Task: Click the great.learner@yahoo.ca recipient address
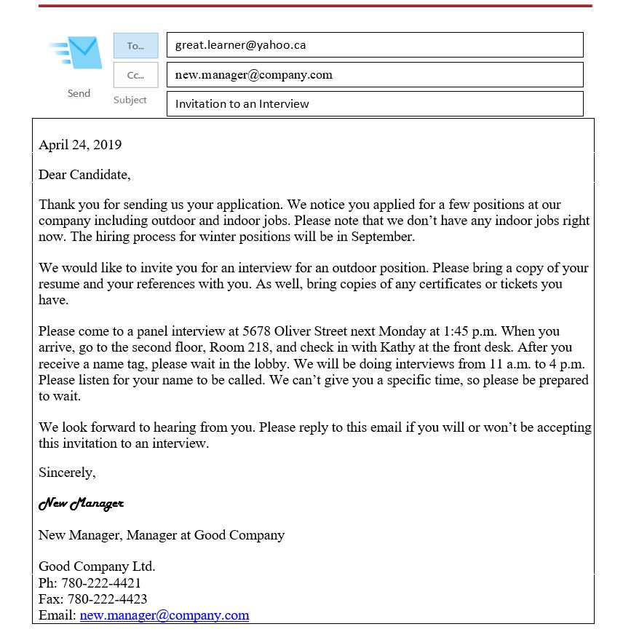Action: click(240, 45)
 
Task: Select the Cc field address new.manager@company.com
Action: click(253, 74)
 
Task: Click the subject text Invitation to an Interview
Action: click(242, 103)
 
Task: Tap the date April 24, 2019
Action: click(80, 144)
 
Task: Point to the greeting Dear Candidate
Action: click(84, 175)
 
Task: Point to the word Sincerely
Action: click(67, 473)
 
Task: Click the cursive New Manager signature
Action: click(81, 503)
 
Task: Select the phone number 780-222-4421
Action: click(100, 583)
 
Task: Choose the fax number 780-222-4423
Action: click(107, 599)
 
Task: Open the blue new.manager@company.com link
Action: click(164, 615)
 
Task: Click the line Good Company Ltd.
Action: click(97, 566)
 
